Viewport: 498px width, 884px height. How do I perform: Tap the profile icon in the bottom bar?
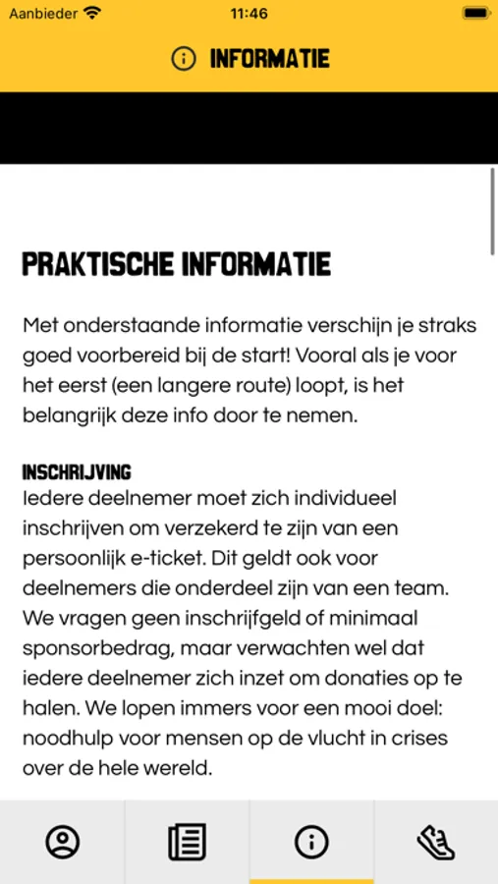click(63, 842)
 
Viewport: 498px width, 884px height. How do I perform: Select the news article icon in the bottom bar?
click(187, 842)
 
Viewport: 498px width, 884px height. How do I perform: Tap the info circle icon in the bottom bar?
click(311, 842)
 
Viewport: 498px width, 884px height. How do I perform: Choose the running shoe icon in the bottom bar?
click(436, 842)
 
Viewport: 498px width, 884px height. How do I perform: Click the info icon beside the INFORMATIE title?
click(184, 59)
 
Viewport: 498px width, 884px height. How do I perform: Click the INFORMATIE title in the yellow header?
click(269, 59)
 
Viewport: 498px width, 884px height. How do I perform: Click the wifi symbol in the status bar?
click(92, 14)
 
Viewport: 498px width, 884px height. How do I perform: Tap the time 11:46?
click(249, 14)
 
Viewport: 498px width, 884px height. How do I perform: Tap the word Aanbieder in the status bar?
click(43, 14)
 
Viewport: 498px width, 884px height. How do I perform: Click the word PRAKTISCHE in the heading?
click(97, 264)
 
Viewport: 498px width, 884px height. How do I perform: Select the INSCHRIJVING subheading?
click(77, 472)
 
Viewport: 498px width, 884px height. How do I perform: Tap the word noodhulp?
click(65, 739)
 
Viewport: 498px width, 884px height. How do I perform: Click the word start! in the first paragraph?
click(293, 355)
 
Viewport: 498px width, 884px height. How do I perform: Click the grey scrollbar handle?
click(492, 212)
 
